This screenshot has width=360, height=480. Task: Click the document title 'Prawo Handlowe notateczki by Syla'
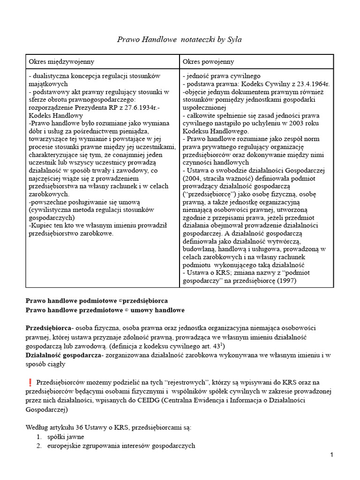(x=180, y=40)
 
